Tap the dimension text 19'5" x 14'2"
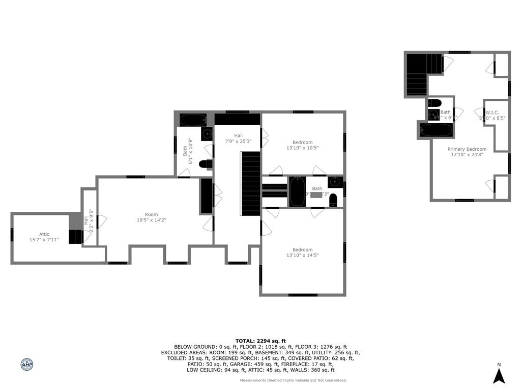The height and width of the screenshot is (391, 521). click(x=151, y=220)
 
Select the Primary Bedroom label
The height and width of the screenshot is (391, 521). click(x=467, y=149)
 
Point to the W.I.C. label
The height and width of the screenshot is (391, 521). click(x=491, y=113)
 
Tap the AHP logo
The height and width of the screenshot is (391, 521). click(x=27, y=365)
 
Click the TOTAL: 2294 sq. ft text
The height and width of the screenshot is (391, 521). click(x=260, y=341)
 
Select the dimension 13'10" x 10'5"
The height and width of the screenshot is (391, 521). click(x=302, y=148)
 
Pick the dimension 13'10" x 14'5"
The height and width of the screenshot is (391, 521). click(x=302, y=255)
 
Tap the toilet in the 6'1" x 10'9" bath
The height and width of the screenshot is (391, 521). click(x=206, y=164)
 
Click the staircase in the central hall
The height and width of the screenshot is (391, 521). click(x=251, y=183)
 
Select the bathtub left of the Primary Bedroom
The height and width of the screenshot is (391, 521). click(x=436, y=130)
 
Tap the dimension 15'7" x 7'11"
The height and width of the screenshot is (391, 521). click(x=40, y=239)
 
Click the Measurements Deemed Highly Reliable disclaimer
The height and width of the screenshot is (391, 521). click(x=294, y=380)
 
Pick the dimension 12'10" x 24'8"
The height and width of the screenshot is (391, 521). click(x=467, y=155)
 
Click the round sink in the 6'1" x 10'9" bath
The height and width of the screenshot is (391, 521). click(x=207, y=134)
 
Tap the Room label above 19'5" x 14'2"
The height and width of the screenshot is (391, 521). click(x=151, y=214)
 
